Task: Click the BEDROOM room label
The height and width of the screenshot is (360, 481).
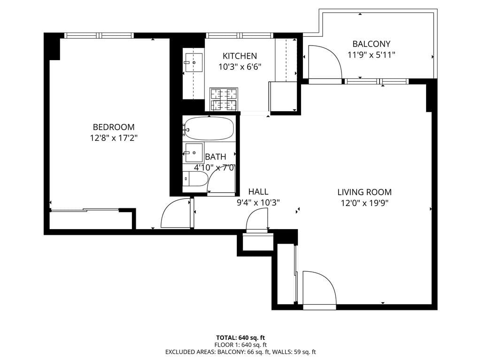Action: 114,127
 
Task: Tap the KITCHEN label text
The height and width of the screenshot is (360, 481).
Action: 240,56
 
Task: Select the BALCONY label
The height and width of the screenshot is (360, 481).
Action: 371,44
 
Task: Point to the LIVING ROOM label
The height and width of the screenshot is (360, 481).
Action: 365,192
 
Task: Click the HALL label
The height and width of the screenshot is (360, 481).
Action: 258,191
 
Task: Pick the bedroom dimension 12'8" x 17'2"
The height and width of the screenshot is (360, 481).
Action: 114,138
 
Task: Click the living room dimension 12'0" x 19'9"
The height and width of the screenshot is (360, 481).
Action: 365,203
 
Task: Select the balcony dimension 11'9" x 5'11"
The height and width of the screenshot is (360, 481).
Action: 371,55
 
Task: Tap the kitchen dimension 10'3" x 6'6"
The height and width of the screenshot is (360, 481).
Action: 240,67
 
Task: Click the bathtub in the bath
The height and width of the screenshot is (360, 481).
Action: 209,128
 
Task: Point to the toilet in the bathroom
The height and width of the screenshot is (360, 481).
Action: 195,179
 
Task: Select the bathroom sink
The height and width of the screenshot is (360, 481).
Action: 194,153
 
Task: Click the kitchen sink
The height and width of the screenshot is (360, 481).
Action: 194,62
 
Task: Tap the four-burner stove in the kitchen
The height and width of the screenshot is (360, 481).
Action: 224,100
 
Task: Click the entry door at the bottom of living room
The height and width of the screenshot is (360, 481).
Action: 319,289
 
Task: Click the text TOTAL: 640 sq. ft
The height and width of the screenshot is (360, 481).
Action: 240,337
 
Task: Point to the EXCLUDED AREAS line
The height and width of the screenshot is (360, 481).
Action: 240,352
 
